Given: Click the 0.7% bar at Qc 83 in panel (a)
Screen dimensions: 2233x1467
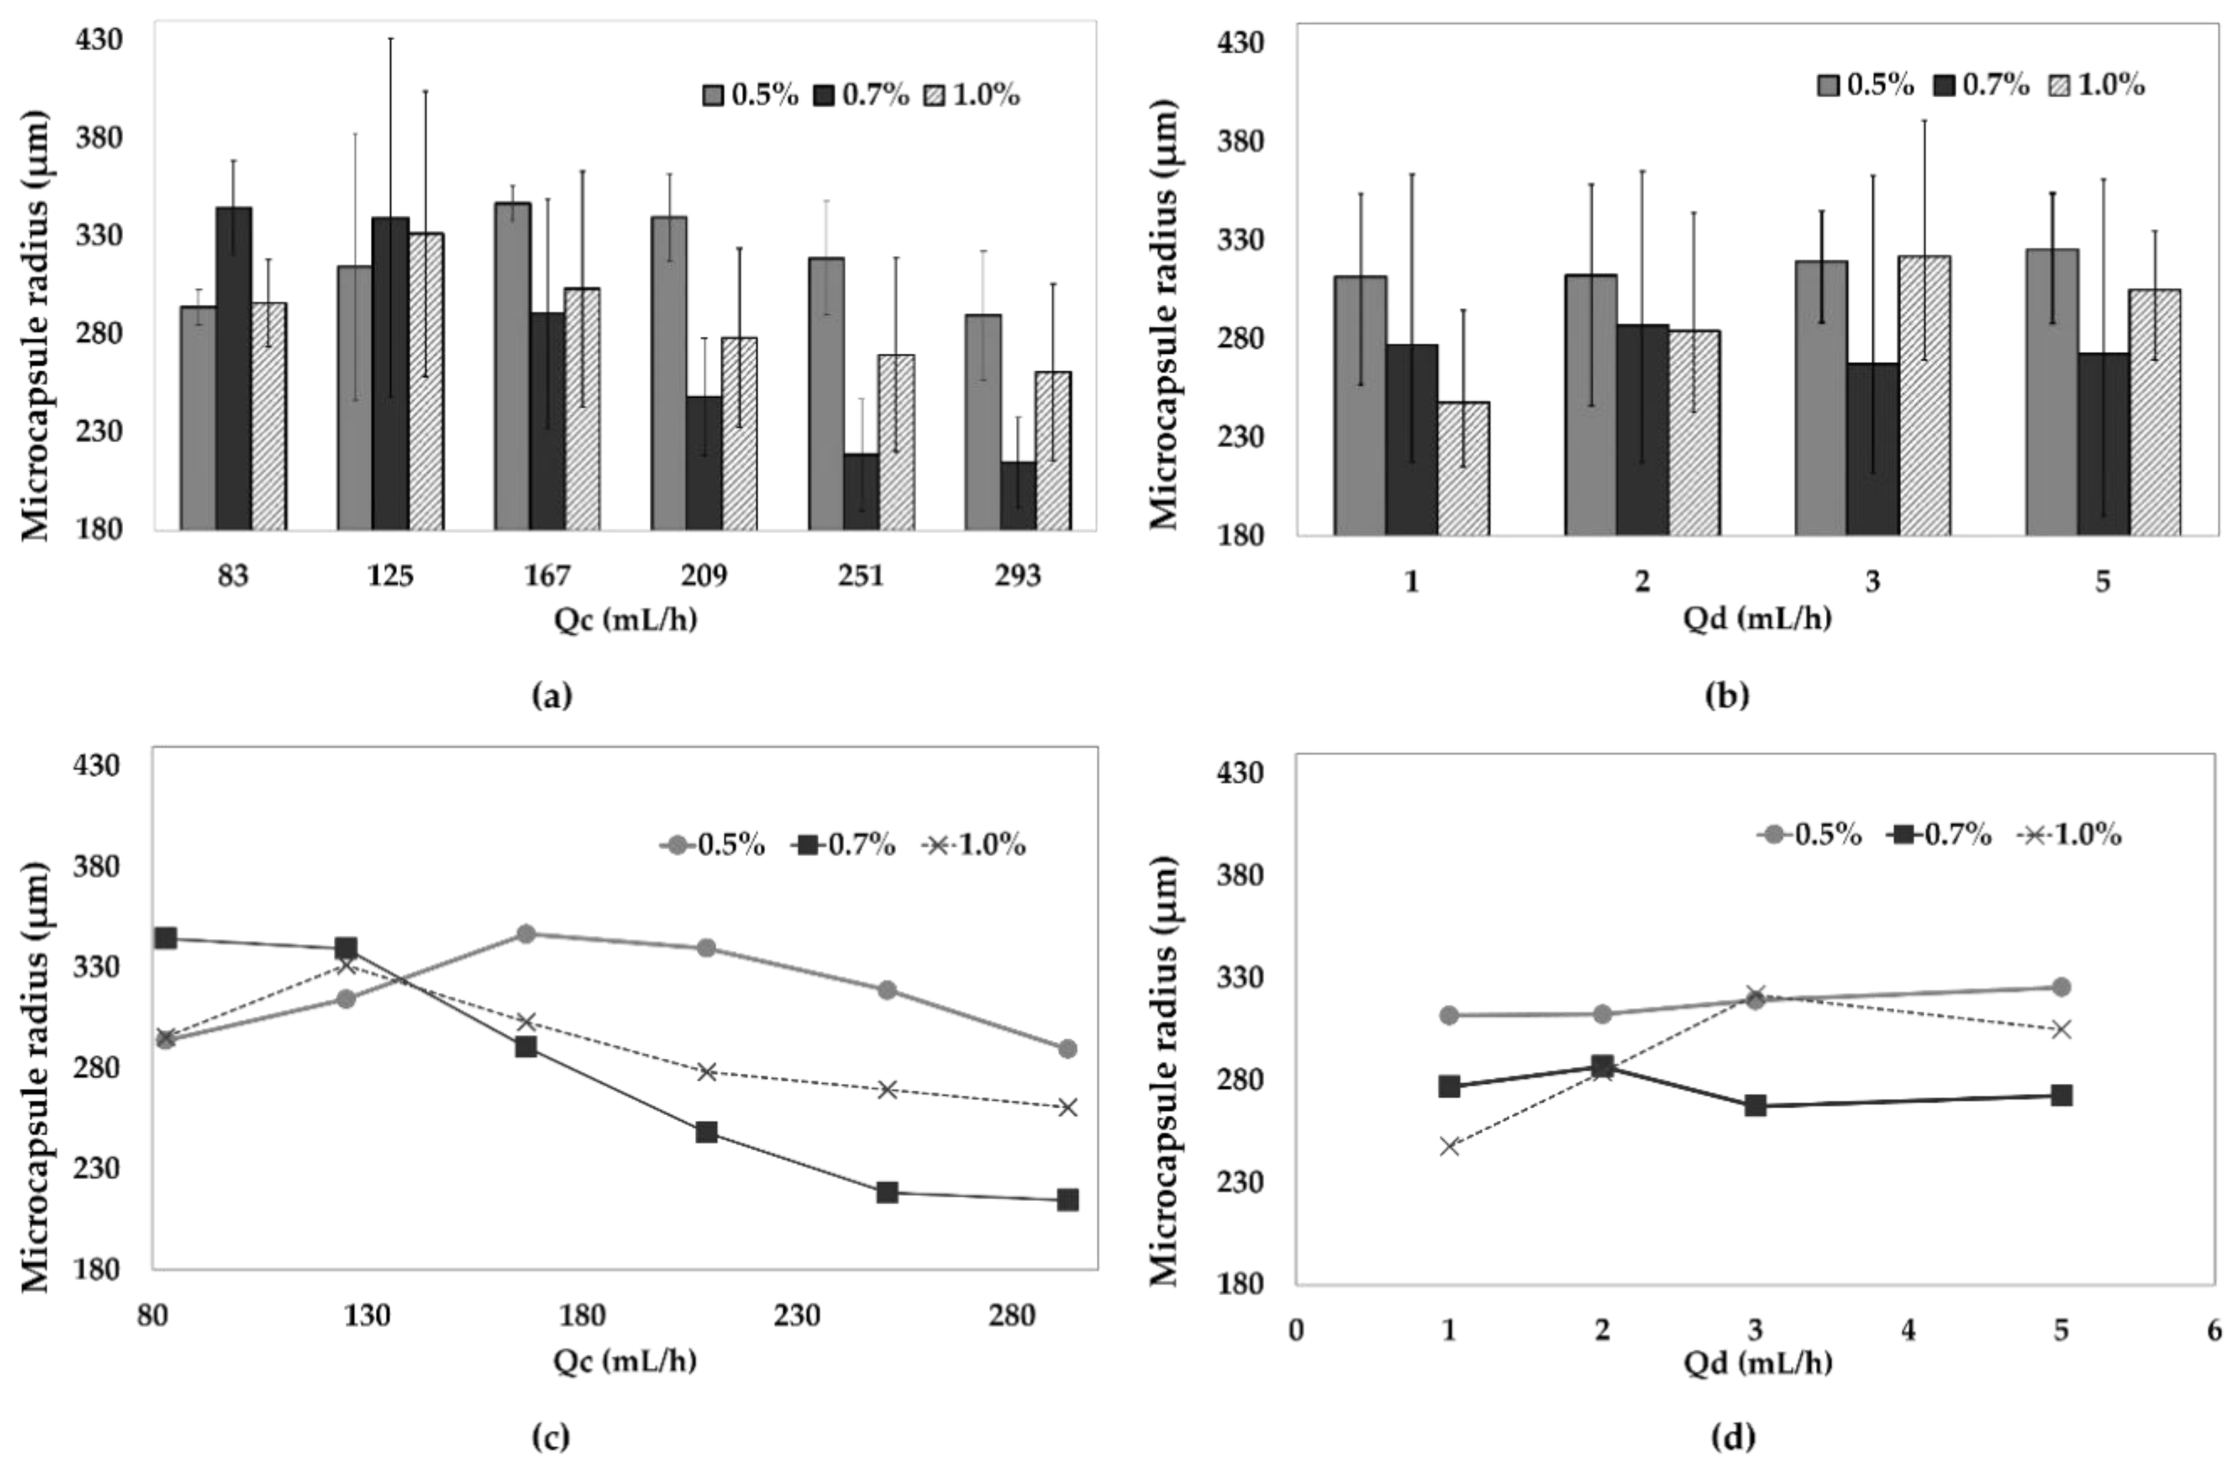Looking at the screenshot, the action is (233, 369).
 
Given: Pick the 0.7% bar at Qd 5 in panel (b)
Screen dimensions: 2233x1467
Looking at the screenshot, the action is (2104, 445).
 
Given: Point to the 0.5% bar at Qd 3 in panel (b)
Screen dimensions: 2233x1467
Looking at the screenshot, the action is (1821, 399).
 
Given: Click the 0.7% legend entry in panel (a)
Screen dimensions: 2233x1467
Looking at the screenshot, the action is (862, 95).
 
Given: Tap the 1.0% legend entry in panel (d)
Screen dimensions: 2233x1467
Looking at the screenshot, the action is (2070, 834).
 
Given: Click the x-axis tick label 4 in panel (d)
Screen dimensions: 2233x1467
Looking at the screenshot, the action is (1908, 1330).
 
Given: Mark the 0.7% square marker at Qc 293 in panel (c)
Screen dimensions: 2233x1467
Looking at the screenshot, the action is (1068, 1200).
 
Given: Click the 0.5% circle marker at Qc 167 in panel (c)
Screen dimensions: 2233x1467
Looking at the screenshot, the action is (527, 934).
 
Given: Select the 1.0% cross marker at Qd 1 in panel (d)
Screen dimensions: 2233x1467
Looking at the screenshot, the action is (1450, 1146).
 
